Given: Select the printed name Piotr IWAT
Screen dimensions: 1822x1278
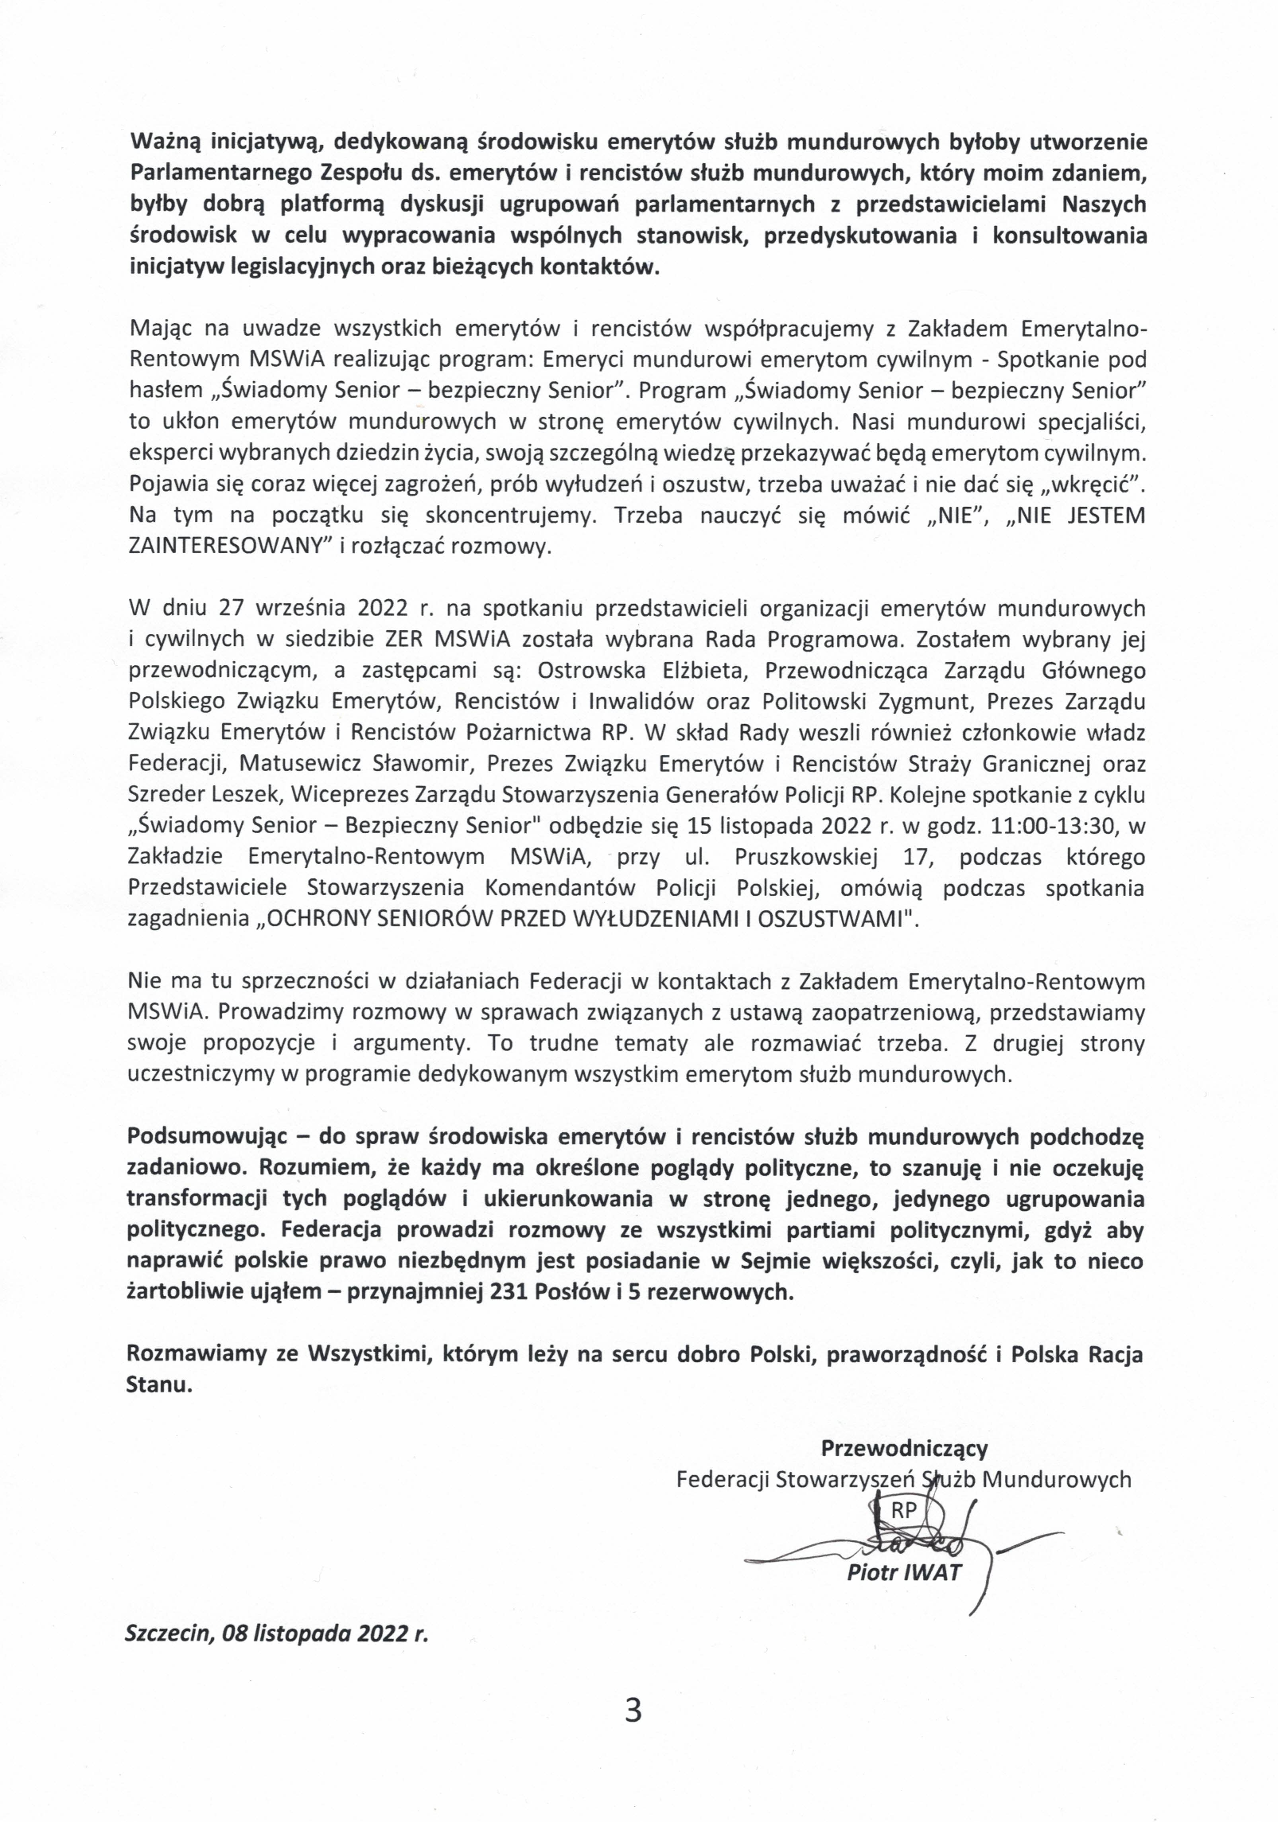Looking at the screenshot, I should coord(904,1572).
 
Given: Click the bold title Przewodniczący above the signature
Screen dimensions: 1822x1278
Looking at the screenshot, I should coord(904,1446).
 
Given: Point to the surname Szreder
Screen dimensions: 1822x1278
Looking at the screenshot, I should coord(164,795).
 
